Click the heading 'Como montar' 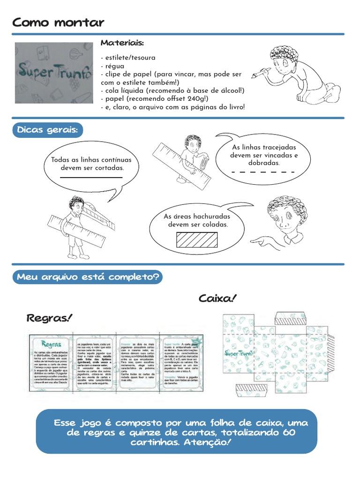click(58, 22)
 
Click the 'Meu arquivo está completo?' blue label click(88, 277)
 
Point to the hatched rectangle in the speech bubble click(196, 240)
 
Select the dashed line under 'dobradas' click(263, 172)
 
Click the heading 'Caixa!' click(217, 299)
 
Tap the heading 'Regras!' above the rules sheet click(50, 319)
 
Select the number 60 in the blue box click(289, 432)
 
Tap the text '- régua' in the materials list click(112, 66)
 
